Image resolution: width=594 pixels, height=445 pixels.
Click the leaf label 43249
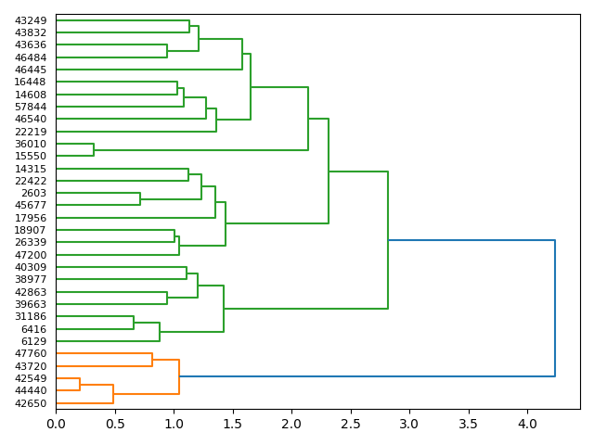coord(31,20)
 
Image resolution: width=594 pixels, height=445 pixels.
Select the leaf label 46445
coord(31,70)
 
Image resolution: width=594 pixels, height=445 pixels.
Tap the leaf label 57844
coord(31,107)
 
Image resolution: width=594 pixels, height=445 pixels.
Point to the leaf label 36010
coord(31,144)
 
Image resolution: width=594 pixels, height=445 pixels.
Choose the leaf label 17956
coord(31,218)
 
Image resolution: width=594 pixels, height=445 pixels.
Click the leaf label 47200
coord(31,255)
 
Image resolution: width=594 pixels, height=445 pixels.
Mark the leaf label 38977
coord(31,279)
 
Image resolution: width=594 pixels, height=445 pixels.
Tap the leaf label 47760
coord(31,353)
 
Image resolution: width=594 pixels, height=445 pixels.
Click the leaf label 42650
coord(31,403)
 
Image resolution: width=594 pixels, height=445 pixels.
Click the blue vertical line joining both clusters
coord(555,308)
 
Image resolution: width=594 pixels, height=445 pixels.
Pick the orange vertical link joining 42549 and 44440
coord(80,385)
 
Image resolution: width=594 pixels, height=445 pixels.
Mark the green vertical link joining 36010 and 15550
coord(94,150)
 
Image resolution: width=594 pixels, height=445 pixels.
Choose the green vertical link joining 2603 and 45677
coord(140,199)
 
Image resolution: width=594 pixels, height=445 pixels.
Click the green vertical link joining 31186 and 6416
coord(134,323)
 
